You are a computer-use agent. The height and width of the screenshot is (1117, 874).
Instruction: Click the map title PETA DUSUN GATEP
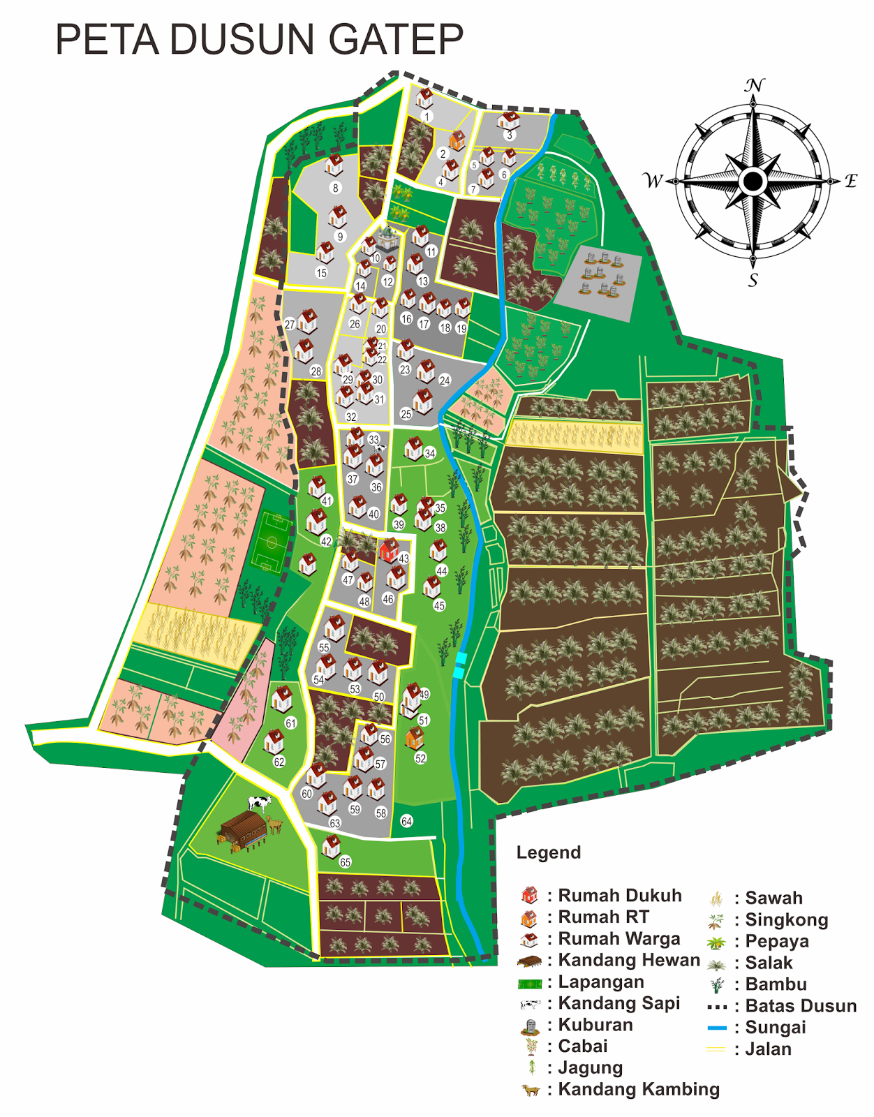(259, 40)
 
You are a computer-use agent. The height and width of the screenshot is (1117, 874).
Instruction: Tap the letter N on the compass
(754, 86)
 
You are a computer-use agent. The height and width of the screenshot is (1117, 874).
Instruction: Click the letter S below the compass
(753, 281)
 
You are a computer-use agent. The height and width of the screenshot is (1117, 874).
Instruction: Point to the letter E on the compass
(850, 182)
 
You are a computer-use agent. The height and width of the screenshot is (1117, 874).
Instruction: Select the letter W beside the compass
(653, 182)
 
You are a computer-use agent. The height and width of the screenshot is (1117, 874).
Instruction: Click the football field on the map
(271, 542)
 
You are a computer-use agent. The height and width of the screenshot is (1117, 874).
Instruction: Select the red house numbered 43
(389, 551)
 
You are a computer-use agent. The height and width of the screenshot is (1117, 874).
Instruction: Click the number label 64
(406, 822)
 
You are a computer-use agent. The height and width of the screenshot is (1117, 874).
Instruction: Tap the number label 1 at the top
(427, 117)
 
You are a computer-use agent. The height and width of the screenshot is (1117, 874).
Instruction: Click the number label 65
(345, 862)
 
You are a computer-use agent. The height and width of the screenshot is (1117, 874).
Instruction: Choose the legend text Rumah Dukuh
(619, 896)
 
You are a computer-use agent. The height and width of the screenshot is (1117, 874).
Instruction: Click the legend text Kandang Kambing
(638, 1089)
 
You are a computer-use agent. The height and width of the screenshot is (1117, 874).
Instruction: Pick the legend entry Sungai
(775, 1028)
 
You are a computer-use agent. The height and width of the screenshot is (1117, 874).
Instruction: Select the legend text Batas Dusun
(800, 1006)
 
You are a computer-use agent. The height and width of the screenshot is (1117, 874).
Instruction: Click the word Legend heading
(548, 852)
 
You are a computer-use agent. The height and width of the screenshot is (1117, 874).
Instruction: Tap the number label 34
(430, 454)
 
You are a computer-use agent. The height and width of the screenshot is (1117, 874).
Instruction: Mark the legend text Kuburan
(595, 1025)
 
